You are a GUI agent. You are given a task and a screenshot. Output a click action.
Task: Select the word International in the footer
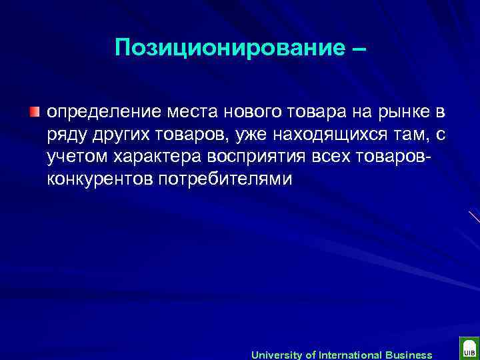click(349, 355)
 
